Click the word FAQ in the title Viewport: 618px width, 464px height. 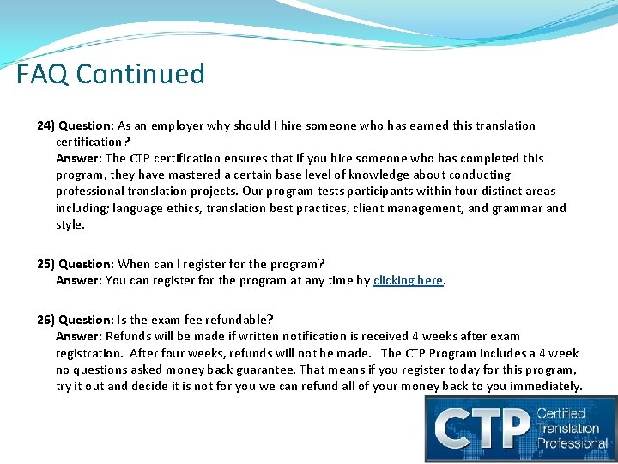42,74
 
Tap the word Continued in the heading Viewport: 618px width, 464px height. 141,74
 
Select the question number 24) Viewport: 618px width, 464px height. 46,125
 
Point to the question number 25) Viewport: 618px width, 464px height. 46,264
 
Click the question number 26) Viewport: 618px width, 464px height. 46,320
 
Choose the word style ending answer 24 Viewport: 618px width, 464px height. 70,224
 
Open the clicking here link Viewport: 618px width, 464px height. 409,280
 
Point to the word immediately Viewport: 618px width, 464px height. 546,386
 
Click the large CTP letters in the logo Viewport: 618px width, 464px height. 481,427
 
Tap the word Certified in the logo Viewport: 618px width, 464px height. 561,414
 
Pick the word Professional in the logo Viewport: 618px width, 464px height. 573,443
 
